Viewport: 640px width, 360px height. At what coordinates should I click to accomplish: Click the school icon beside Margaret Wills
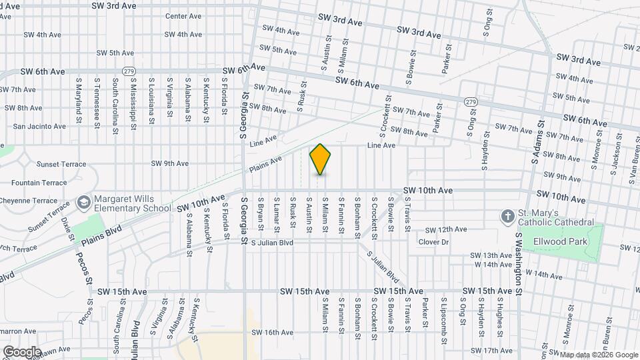(x=84, y=202)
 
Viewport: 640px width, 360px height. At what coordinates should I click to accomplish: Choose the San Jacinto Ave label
(x=39, y=126)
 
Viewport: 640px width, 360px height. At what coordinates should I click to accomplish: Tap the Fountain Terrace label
(x=39, y=182)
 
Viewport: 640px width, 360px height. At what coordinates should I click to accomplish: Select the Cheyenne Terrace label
(x=36, y=200)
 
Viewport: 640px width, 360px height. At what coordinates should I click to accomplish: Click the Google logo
(x=21, y=352)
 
